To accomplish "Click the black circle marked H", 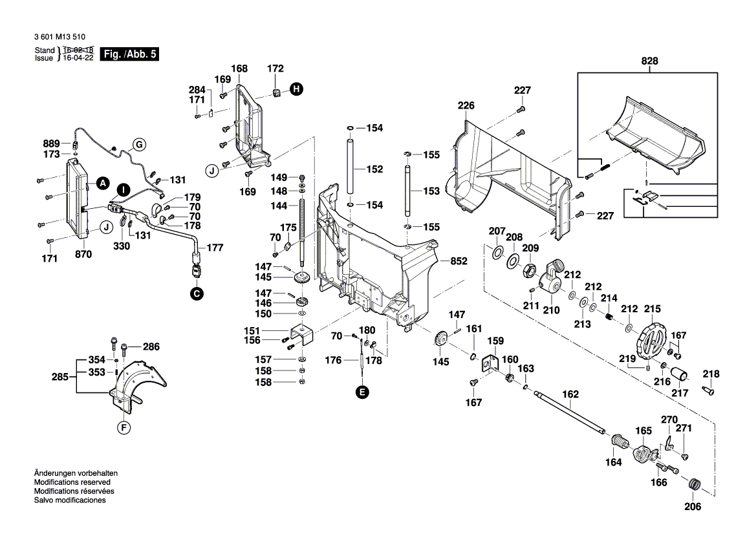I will pyautogui.click(x=296, y=90).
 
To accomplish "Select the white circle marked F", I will pyautogui.click(x=124, y=427).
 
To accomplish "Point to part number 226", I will pyautogui.click(x=466, y=105).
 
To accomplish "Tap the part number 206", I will pyautogui.click(x=693, y=507).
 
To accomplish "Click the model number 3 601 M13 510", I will pyautogui.click(x=58, y=38).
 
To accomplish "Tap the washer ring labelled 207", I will pyautogui.click(x=497, y=251).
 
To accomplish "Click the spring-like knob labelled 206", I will pyautogui.click(x=695, y=484).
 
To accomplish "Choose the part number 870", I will pyautogui.click(x=83, y=255).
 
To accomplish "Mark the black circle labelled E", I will pyautogui.click(x=362, y=391).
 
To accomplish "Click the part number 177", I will pyautogui.click(x=214, y=248).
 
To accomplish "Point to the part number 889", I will pyautogui.click(x=51, y=144).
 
